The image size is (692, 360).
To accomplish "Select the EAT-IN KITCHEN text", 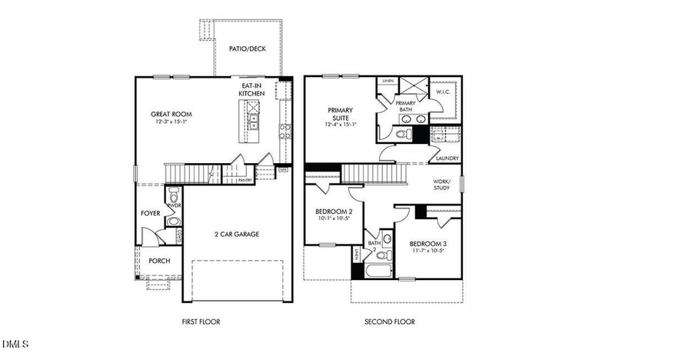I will coord(251,89).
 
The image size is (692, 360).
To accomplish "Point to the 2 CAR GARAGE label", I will coord(235,234).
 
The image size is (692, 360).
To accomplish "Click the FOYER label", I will coord(150,213).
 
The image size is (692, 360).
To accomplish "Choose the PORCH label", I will coord(159,261).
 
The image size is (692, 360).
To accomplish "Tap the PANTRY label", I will coord(245,180).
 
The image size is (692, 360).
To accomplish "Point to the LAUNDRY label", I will coord(447,158).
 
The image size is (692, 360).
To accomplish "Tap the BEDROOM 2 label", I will coord(334,212).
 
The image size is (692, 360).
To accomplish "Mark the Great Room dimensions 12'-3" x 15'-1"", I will coord(171,122).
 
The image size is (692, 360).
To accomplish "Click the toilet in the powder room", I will coord(173,193).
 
